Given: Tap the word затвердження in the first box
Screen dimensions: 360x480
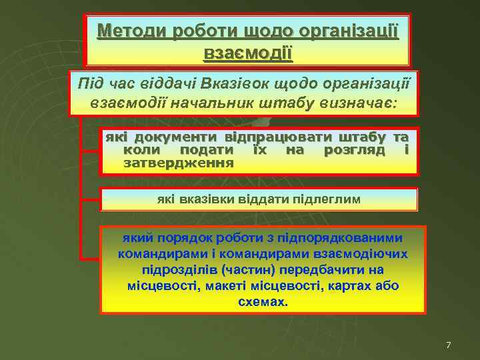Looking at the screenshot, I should click(179, 162).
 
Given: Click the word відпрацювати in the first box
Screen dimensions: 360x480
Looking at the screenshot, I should click(281, 137).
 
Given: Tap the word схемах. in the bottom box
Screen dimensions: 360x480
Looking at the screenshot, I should click(263, 301).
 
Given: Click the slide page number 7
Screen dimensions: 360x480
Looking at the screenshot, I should click(448, 345).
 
